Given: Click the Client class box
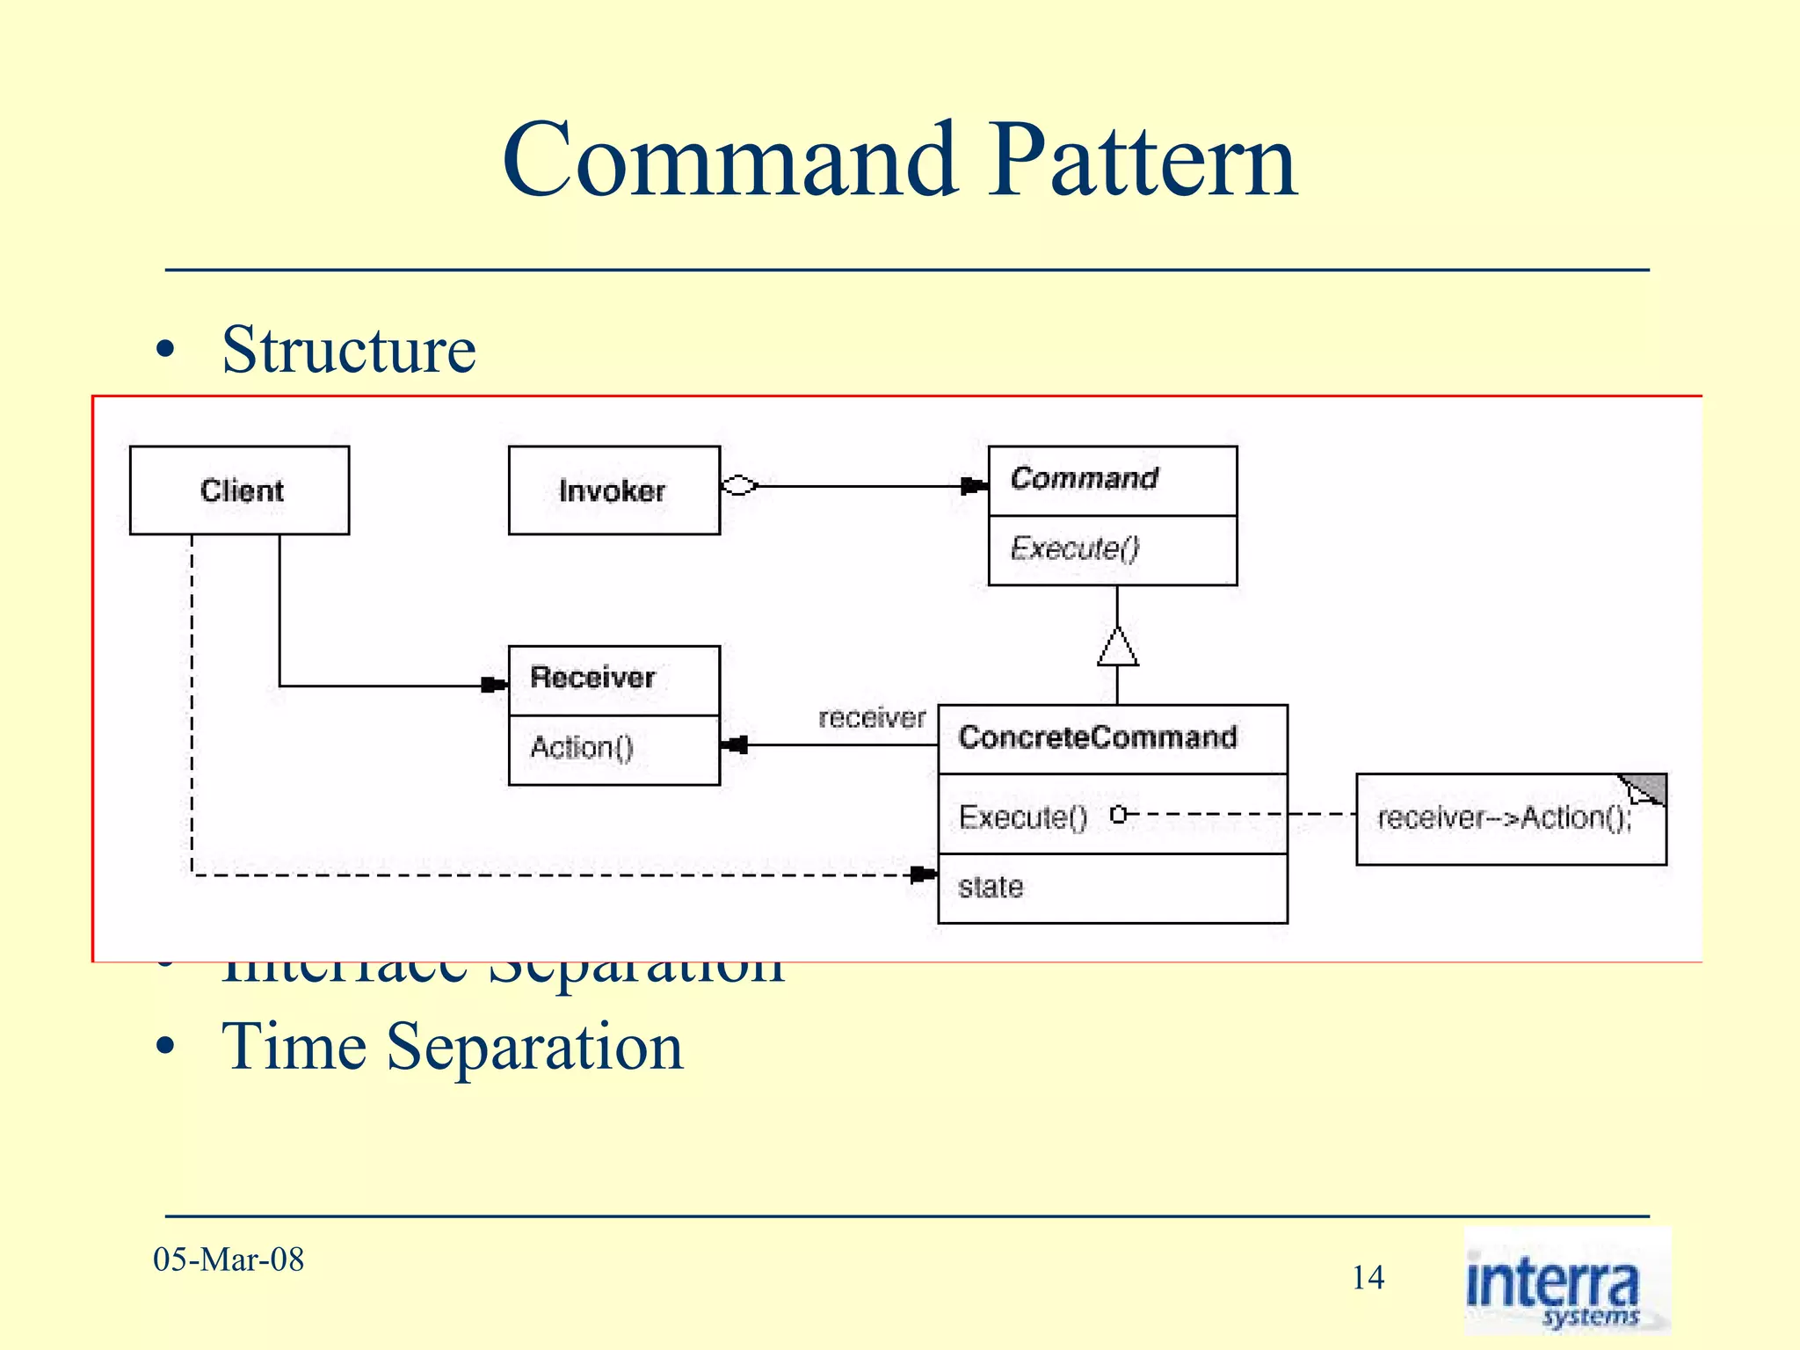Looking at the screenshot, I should [239, 490].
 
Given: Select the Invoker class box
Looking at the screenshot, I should [613, 490].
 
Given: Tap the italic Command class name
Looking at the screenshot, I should [1084, 479].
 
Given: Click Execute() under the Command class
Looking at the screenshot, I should [1074, 548].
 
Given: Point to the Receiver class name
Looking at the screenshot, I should [592, 678].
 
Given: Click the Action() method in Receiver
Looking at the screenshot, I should [582, 748].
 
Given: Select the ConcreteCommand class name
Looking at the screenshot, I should [1098, 737].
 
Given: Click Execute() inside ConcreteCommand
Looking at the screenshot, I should [1023, 817].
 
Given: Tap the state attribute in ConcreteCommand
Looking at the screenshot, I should [991, 888].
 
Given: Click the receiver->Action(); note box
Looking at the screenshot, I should [1509, 819].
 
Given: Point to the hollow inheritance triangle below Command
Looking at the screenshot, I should [1117, 648].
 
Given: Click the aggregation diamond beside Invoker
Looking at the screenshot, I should [739, 485].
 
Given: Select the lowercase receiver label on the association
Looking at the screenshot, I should [872, 719].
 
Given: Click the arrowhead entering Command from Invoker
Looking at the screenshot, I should [973, 486].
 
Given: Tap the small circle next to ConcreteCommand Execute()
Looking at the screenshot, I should [1117, 815].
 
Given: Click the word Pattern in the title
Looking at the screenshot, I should [1142, 161].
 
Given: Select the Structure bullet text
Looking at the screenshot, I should [348, 350].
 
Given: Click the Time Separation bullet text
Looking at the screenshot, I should [452, 1047].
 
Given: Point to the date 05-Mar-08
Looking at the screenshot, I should [229, 1259].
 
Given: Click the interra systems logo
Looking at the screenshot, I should [1565, 1281].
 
